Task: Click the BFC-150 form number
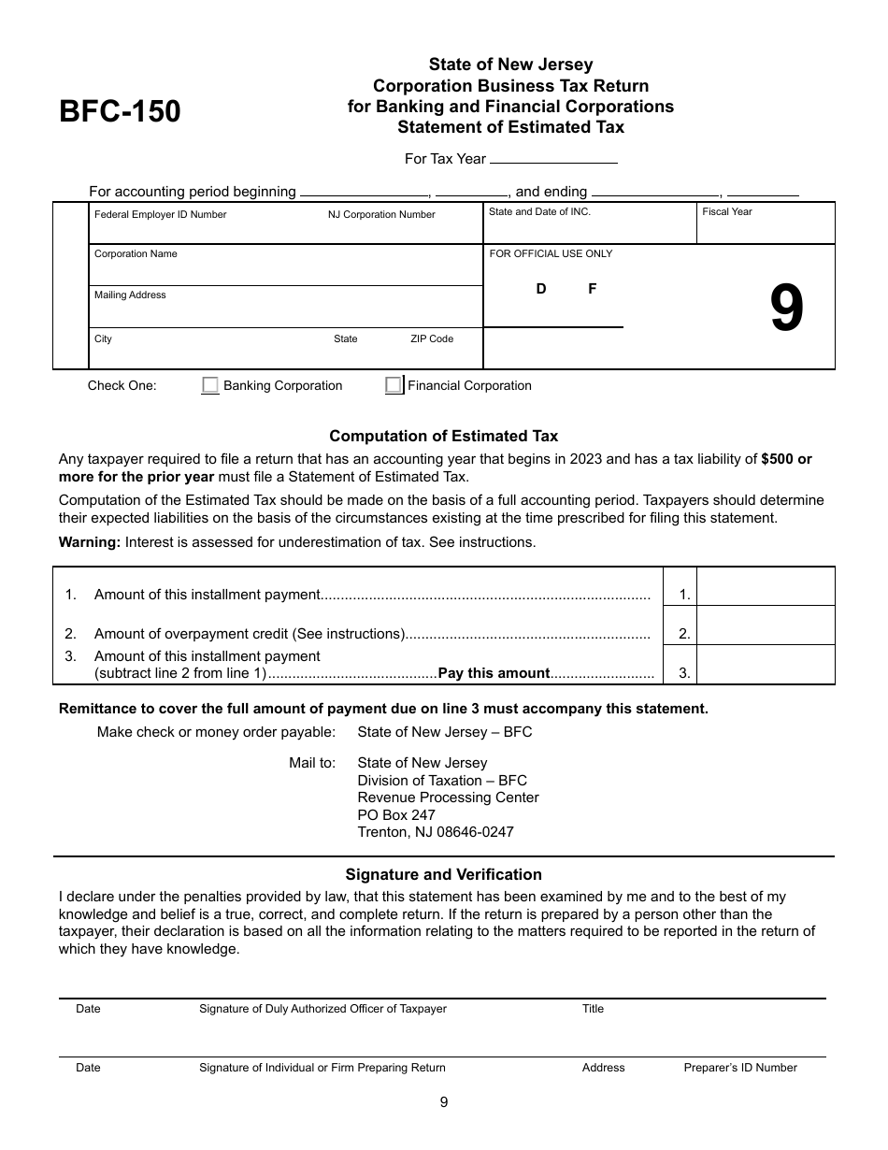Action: pos(121,111)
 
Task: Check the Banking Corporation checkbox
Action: pos(210,385)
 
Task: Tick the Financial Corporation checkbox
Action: pos(394,385)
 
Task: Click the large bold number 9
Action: pos(786,310)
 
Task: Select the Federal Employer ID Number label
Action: pos(160,215)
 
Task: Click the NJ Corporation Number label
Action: pos(381,215)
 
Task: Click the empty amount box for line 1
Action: pos(766,587)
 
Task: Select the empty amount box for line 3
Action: pos(766,665)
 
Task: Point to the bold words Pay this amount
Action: pos(494,673)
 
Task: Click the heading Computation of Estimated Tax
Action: pos(444,436)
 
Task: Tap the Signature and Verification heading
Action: pos(444,875)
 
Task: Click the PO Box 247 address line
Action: pos(396,815)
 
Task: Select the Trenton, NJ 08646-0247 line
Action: pos(436,832)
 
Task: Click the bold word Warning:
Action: pos(90,542)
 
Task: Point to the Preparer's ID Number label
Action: pos(740,1068)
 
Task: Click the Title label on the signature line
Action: pos(594,1009)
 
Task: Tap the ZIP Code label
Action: pos(432,338)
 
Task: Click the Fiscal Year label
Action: pos(727,212)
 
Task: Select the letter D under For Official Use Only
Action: pos(541,289)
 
